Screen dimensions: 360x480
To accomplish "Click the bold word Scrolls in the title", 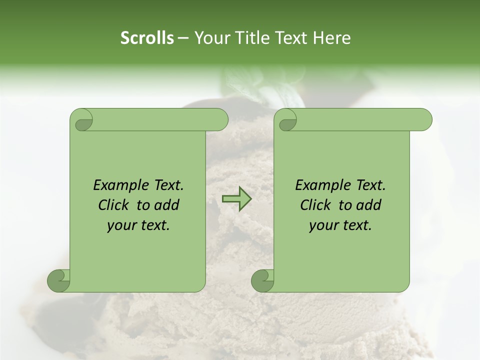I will [147, 38].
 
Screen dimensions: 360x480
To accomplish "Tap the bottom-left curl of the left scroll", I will [59, 280].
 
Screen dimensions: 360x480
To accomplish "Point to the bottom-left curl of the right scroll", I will [263, 280].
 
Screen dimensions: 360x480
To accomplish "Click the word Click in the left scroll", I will [113, 205].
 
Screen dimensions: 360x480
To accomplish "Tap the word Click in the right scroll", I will [315, 205].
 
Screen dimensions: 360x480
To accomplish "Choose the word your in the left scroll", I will [120, 225].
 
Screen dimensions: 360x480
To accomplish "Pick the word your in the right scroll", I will [322, 225].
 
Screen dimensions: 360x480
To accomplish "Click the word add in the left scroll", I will [166, 205].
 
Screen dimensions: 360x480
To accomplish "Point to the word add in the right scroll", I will [368, 205].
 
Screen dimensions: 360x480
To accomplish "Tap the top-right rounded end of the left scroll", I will [220, 120].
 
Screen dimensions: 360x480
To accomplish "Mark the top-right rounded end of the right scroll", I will [424, 120].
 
